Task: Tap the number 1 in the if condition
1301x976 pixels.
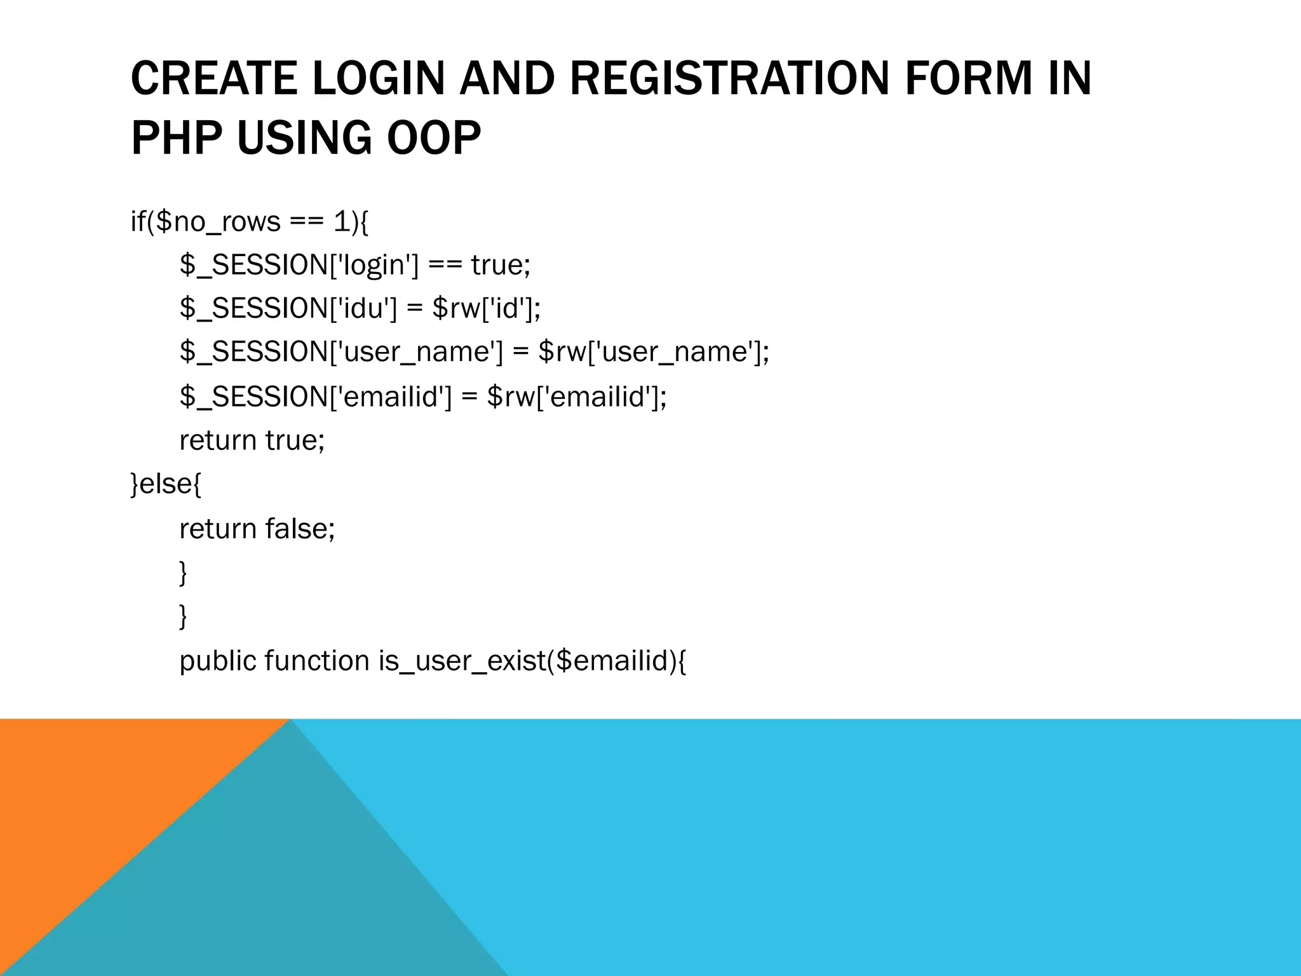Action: pyautogui.click(x=341, y=222)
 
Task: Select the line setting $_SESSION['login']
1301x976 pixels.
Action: pyautogui.click(x=354, y=265)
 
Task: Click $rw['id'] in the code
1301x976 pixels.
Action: pyautogui.click(x=486, y=308)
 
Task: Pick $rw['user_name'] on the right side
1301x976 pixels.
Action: pyautogui.click(x=653, y=351)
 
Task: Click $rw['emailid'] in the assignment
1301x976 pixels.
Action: pyautogui.click(x=577, y=396)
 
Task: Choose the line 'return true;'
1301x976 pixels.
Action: pyautogui.click(x=252, y=440)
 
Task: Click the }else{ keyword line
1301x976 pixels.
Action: pyautogui.click(x=166, y=484)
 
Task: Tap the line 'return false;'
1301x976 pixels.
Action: pyautogui.click(x=257, y=528)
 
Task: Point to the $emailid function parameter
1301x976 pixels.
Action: pyautogui.click(x=612, y=661)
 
